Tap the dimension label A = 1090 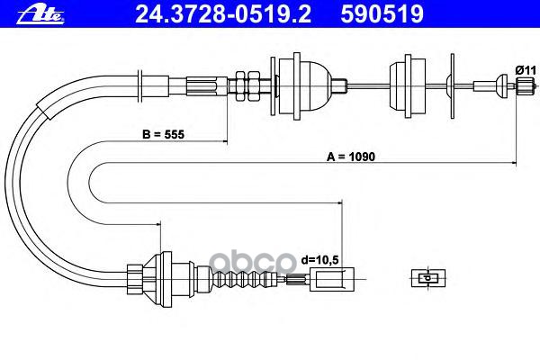click(350, 156)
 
